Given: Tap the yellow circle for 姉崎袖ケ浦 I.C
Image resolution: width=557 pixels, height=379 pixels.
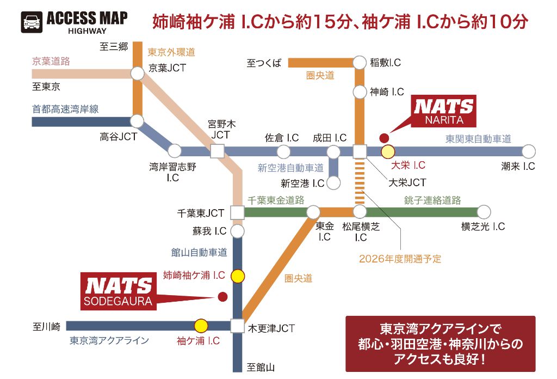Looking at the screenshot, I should (x=237, y=276).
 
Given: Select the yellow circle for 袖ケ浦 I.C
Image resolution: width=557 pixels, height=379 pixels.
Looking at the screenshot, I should (x=201, y=326).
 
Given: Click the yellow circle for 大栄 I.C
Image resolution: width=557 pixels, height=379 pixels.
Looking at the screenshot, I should (x=387, y=151).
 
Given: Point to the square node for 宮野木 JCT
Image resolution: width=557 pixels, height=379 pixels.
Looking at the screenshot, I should (x=218, y=151).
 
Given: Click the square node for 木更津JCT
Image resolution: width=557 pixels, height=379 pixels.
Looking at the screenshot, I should (x=237, y=326).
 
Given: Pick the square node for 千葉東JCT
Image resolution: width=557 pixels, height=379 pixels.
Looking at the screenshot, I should (x=237, y=212).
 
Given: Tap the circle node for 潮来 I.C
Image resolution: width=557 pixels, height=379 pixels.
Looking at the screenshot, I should (x=528, y=151).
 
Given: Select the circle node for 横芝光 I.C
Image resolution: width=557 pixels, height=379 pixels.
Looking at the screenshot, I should (x=484, y=212).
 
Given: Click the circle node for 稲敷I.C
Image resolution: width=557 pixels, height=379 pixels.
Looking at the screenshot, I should (x=360, y=63).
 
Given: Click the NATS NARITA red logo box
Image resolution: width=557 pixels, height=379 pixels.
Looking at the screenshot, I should (x=443, y=112).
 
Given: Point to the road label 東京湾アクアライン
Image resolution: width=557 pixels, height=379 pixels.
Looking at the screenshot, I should (x=109, y=341).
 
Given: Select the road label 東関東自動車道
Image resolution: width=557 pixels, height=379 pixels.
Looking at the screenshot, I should (x=478, y=139).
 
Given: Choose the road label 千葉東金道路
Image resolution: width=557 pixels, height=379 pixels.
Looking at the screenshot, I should (x=276, y=200).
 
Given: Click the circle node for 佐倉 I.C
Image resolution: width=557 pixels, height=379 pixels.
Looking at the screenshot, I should (x=283, y=151).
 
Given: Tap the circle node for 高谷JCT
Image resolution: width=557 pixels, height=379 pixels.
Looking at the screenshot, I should (x=137, y=121).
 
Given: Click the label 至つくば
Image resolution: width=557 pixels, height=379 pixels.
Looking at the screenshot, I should (x=264, y=63).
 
